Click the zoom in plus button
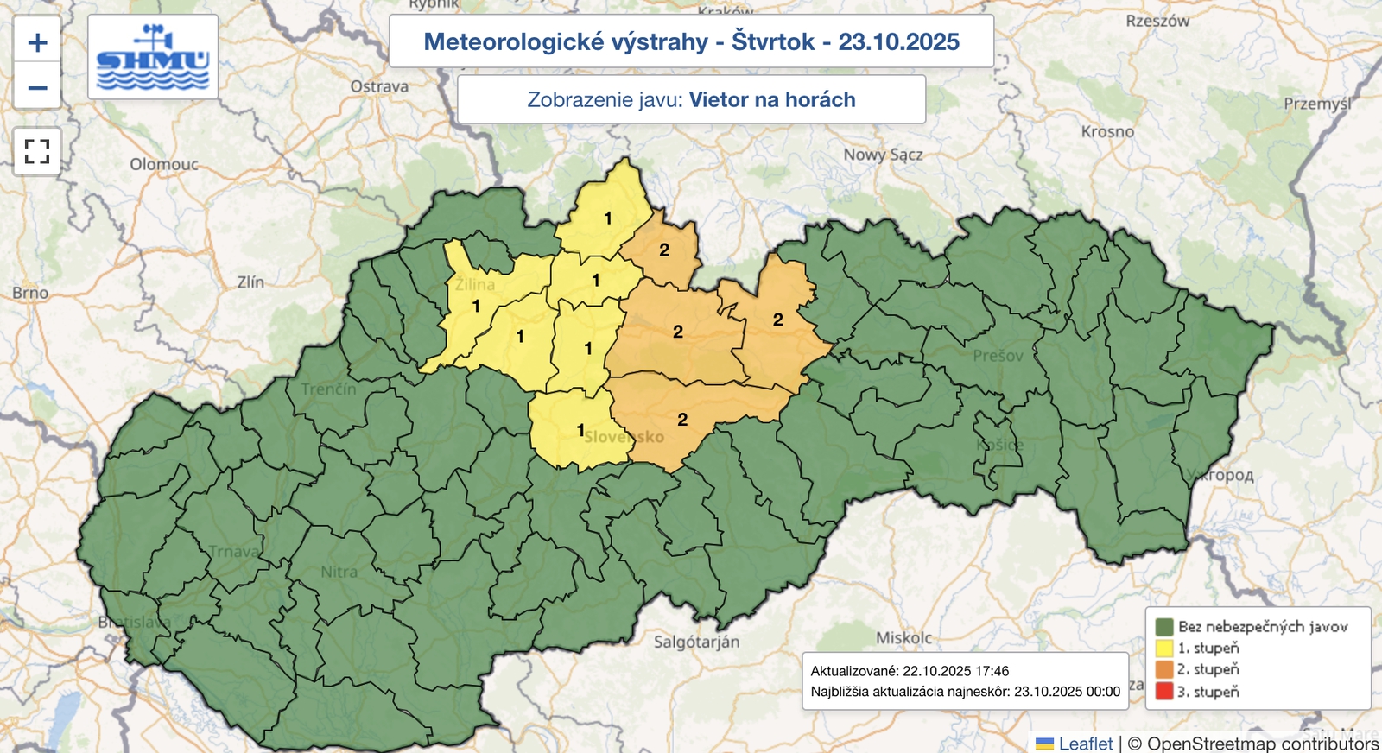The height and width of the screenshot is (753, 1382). [x=37, y=41]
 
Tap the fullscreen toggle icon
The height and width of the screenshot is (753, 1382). [x=37, y=151]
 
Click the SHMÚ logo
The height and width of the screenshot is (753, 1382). [x=153, y=57]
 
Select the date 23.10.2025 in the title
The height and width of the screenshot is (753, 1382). [x=898, y=41]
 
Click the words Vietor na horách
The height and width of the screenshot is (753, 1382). [x=771, y=99]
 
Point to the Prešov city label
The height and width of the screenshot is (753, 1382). [x=998, y=356]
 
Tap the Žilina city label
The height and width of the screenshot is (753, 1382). [x=475, y=284]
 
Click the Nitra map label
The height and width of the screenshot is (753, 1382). [x=339, y=572]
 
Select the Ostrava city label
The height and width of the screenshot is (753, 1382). [x=379, y=86]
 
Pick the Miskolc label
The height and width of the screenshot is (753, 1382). [x=903, y=638]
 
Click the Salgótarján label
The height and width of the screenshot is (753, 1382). [x=696, y=642]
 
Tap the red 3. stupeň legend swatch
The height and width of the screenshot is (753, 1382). [x=1164, y=691]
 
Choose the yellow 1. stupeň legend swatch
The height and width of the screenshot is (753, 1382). [x=1164, y=648]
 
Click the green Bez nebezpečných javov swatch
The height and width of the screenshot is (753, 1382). [x=1164, y=627]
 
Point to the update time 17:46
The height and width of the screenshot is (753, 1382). [x=991, y=671]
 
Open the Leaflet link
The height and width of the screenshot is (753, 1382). [x=1086, y=744]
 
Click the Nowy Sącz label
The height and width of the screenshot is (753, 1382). [x=883, y=155]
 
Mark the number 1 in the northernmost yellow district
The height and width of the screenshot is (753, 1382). [x=608, y=218]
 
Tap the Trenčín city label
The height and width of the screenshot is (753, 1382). [x=328, y=389]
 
